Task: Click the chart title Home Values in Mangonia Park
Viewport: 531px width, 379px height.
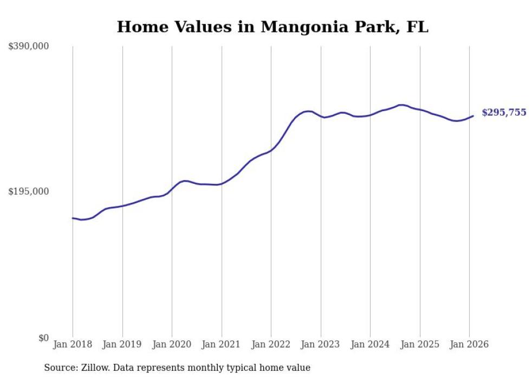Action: pos(273,27)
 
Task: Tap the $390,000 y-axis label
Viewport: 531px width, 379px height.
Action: pos(29,47)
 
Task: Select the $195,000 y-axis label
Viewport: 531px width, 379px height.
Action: pos(29,192)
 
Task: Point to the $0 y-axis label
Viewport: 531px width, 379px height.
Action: pos(43,338)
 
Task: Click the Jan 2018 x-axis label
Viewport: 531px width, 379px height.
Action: pos(73,345)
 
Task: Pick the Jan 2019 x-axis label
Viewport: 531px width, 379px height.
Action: pos(122,345)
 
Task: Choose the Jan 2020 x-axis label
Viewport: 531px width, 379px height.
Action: pos(172,345)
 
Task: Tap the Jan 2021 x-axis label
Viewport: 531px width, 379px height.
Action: pos(222,345)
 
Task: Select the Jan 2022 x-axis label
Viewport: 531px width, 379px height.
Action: pos(271,345)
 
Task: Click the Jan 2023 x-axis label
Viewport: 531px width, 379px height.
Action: pos(321,345)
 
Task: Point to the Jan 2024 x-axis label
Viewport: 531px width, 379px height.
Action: pos(370,345)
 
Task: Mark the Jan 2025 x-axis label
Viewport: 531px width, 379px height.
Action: pos(420,345)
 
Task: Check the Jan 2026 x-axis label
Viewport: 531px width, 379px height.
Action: pos(469,345)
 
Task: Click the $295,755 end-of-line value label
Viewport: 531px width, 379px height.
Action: pos(504,113)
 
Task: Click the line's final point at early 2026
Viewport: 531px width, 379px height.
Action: pos(473,115)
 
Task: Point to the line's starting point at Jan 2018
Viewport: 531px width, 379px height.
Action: pos(73,218)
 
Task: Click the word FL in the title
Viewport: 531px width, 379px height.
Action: pos(417,27)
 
